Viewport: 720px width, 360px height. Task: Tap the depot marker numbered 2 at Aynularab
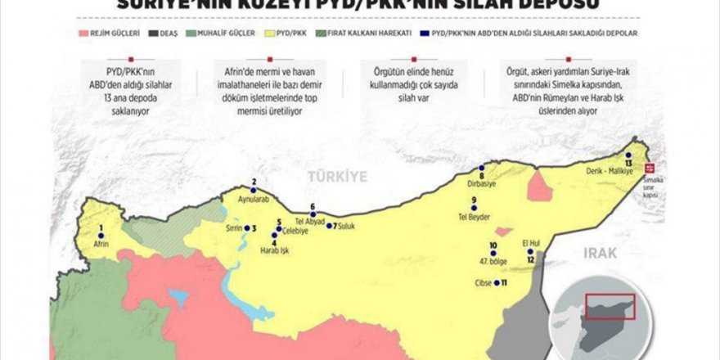pyautogui.click(x=254, y=191)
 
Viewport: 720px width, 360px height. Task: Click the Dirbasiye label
pyautogui.click(x=482, y=183)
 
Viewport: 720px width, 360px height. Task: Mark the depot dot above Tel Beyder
pyautogui.click(x=473, y=209)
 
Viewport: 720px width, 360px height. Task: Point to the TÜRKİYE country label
pyautogui.click(x=338, y=177)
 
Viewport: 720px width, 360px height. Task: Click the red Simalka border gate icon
pyautogui.click(x=650, y=168)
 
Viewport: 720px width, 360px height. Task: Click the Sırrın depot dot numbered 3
pyautogui.click(x=247, y=228)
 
